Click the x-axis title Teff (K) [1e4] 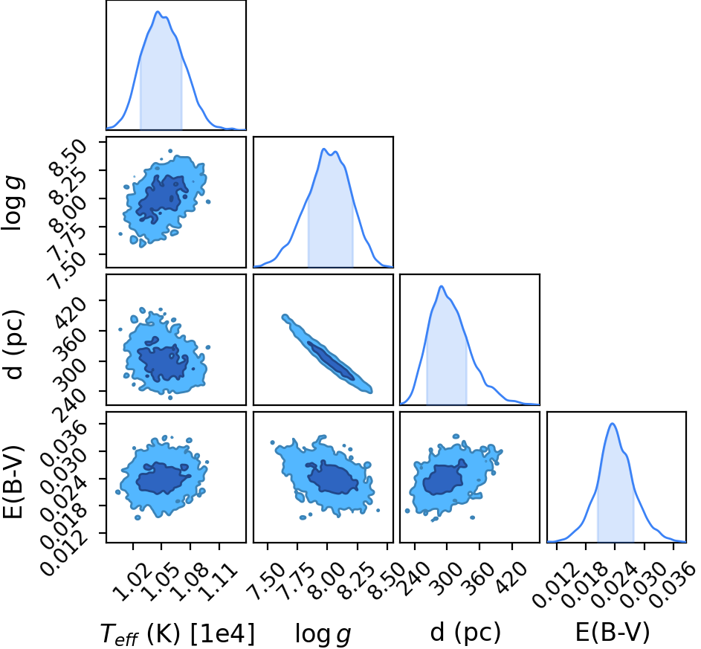point(178,634)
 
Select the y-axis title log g point(13,204)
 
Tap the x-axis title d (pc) point(465,633)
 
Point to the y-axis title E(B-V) point(13,482)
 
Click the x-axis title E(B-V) point(612,633)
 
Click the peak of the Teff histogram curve point(158,12)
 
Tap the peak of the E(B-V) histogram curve point(613,423)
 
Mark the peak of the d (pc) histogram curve point(442,286)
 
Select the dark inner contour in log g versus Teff point(162,198)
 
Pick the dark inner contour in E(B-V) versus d point(442,480)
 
